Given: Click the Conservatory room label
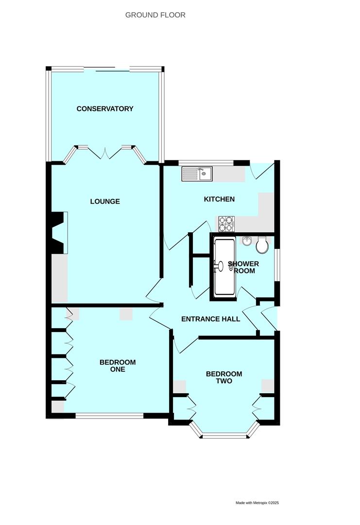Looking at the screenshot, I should [105, 108].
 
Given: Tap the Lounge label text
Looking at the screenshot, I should [105, 201].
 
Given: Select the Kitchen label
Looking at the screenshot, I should [219, 199].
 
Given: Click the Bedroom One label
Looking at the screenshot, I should [118, 366].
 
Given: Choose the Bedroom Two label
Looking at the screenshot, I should [224, 377].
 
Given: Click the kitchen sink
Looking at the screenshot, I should [197, 174].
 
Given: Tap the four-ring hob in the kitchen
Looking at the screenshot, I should [226, 224].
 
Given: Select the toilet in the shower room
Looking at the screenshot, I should [262, 245].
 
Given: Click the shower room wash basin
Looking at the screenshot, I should [246, 241].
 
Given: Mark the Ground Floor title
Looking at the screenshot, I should [155, 15].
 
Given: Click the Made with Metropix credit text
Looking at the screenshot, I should [257, 503].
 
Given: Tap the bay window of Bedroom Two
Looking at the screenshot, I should [224, 436].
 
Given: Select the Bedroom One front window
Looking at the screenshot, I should [109, 415].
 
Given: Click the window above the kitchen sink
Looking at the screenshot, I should [206, 162].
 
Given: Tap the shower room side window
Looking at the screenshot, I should [276, 265].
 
